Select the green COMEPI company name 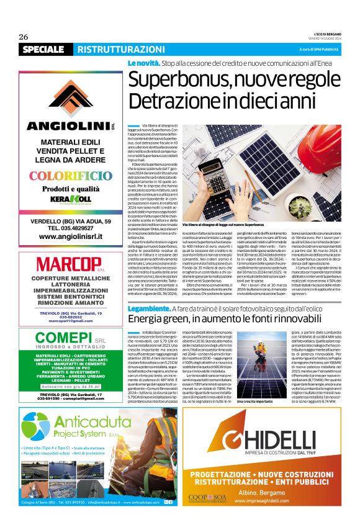62,340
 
